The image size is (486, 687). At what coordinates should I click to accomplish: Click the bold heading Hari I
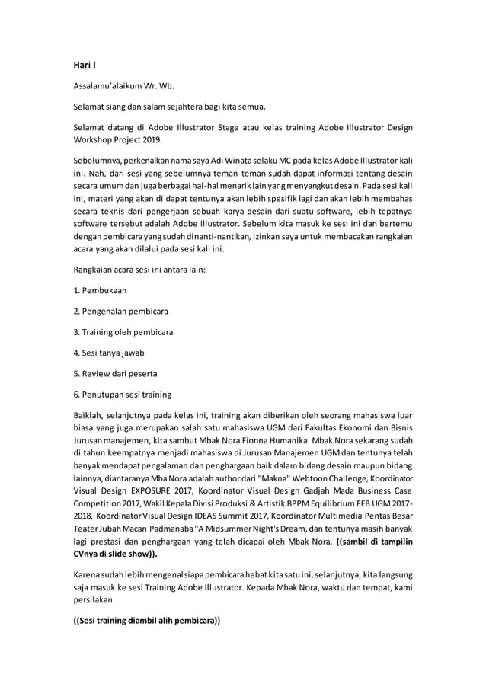(84, 66)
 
